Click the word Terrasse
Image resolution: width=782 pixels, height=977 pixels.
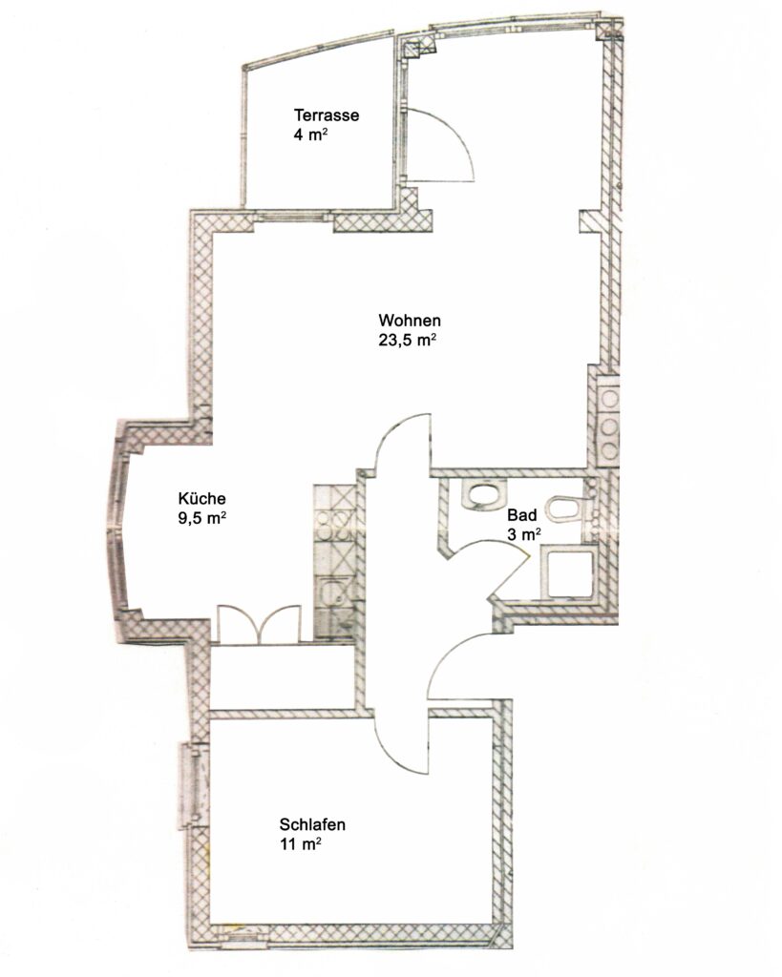click(327, 115)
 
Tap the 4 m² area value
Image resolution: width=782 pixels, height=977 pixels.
click(311, 135)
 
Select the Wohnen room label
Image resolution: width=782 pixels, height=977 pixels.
click(410, 321)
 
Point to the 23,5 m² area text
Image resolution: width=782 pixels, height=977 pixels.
click(407, 341)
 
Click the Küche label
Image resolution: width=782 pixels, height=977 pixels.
click(202, 498)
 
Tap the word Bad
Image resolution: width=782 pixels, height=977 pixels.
click(522, 515)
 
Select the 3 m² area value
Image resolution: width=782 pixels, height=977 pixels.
click(524, 534)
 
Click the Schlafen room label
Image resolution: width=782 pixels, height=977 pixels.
click(312, 824)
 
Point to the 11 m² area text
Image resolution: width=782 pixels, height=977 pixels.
click(301, 844)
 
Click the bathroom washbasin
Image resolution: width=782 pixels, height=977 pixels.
click(483, 495)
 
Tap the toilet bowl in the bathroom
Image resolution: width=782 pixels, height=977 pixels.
click(565, 508)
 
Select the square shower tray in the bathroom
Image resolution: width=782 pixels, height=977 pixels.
click(569, 573)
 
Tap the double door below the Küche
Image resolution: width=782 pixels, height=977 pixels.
click(259, 623)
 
